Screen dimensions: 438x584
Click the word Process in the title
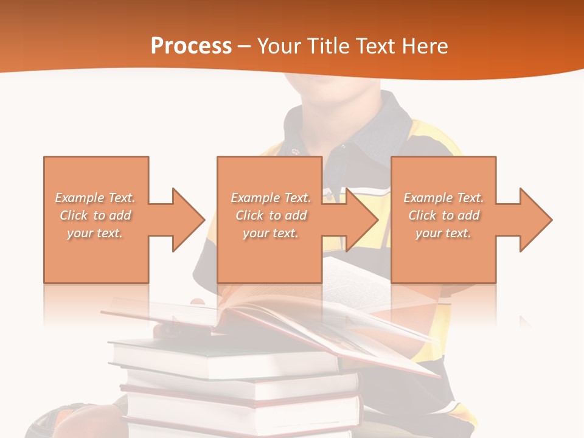click(191, 46)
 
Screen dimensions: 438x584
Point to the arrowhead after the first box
click(188, 220)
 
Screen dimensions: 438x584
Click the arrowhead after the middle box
click(362, 220)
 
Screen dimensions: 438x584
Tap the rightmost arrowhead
click(535, 220)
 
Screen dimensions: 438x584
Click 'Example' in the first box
click(80, 198)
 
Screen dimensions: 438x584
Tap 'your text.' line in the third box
click(443, 233)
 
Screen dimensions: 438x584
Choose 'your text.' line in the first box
click(96, 233)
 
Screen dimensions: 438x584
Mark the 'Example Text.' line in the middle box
click(271, 198)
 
